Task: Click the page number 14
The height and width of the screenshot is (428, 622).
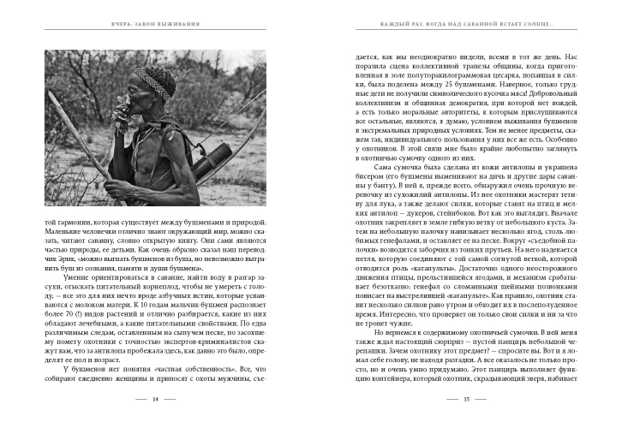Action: pyautogui.click(x=154, y=400)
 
